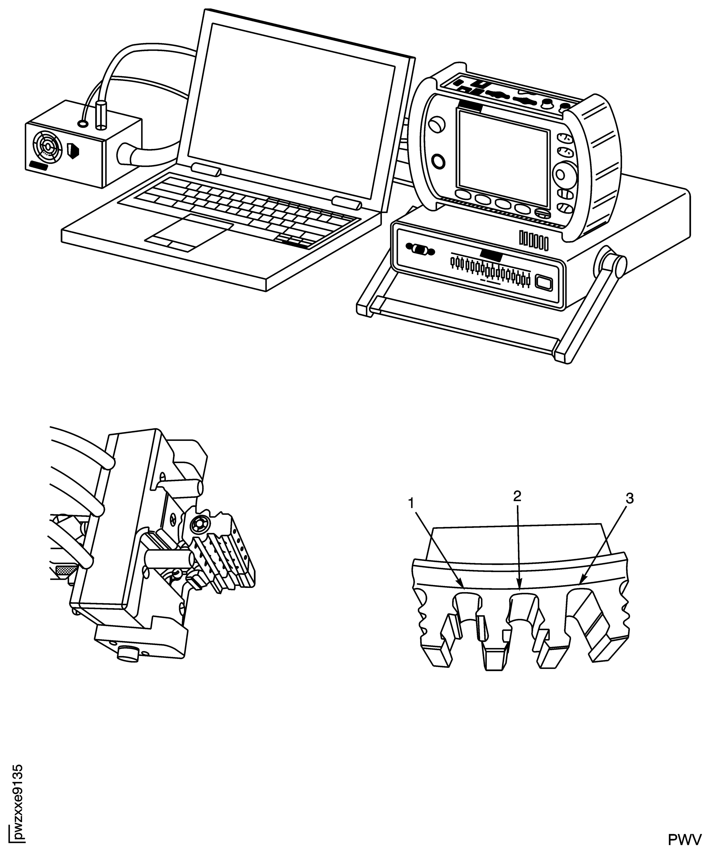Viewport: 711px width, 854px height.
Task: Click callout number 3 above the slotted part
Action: pyautogui.click(x=629, y=498)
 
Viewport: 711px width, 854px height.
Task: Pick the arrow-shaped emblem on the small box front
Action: pyautogui.click(x=74, y=151)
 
